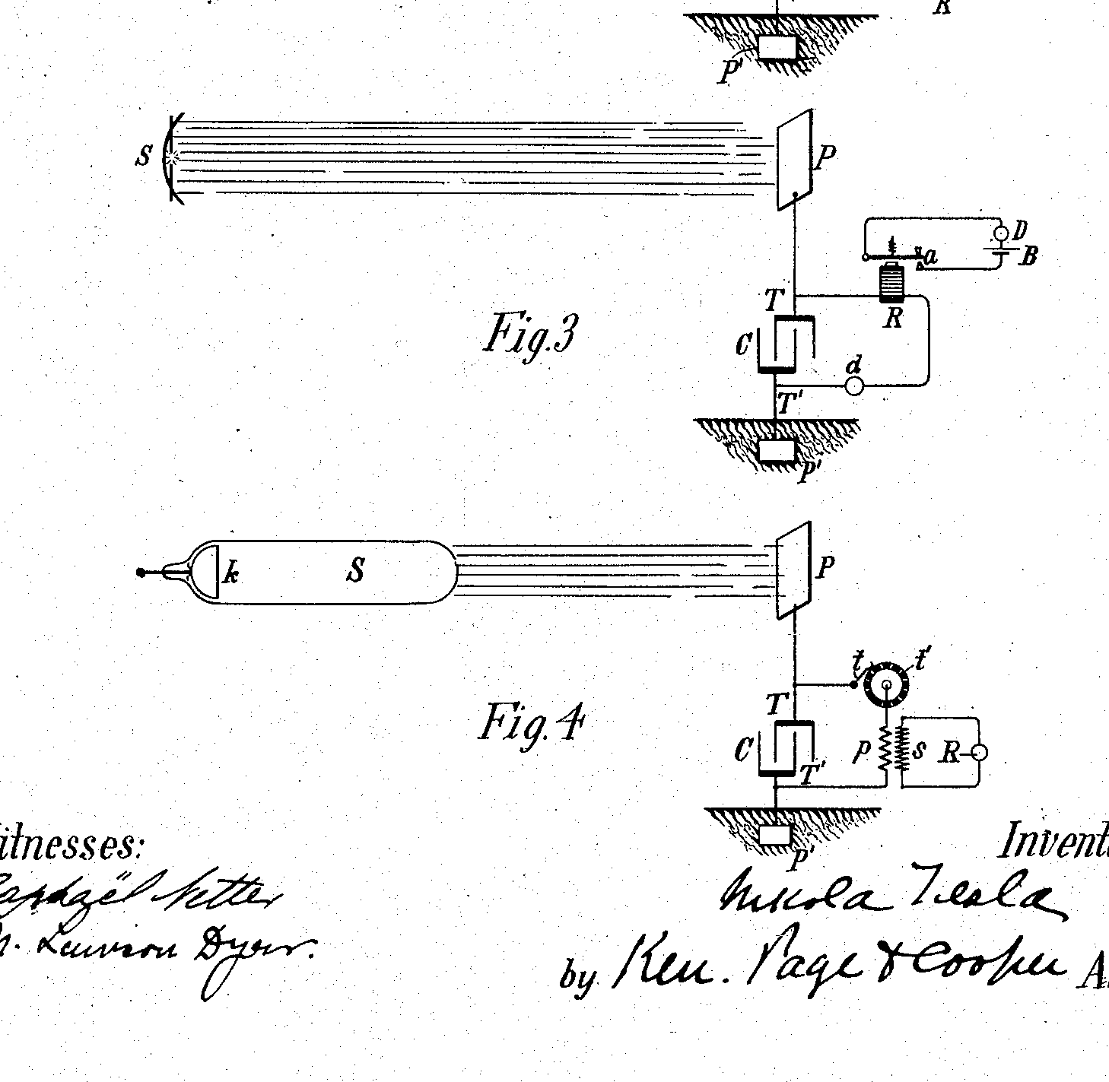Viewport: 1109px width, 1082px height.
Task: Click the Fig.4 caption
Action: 530,723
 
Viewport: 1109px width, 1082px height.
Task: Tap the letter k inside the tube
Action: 230,573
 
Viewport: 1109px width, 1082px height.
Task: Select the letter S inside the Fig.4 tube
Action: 355,570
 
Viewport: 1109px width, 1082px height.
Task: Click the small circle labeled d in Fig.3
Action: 855,386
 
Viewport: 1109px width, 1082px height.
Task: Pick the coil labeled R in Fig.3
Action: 890,283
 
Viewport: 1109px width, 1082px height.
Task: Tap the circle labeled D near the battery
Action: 1002,232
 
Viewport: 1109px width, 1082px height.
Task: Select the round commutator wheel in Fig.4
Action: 887,684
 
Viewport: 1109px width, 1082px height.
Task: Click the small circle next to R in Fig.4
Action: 980,753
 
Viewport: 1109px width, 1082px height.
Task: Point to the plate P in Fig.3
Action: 794,158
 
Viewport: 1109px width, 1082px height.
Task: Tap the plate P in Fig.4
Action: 793,570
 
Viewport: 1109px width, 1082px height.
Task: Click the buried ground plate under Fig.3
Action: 777,450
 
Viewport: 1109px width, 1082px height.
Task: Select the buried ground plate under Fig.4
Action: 776,835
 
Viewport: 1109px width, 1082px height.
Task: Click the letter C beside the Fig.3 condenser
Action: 743,346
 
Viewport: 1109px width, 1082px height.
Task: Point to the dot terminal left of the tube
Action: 140,573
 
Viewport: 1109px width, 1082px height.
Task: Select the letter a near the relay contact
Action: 929,257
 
